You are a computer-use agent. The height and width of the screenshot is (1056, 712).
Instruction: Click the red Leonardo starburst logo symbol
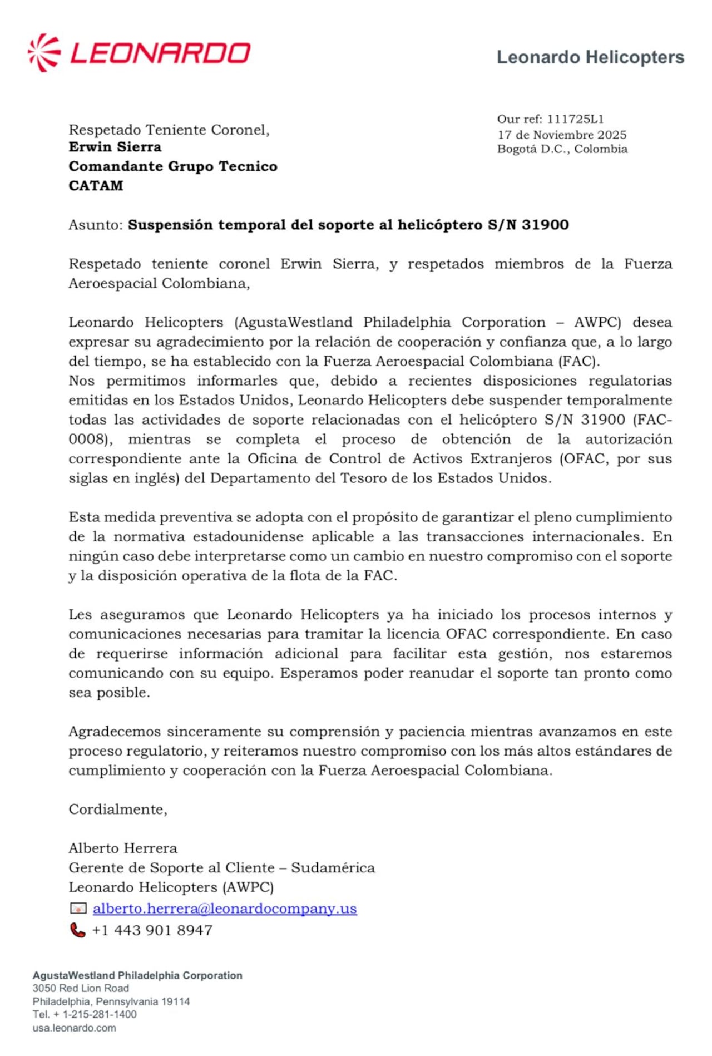[44, 53]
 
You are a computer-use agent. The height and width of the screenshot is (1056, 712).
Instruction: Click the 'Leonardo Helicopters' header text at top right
[590, 57]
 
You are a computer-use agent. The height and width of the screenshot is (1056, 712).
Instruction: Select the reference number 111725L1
[575, 119]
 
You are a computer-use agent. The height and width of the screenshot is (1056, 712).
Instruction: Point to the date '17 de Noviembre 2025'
[562, 135]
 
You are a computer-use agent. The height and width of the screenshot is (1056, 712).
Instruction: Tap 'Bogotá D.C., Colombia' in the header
[562, 149]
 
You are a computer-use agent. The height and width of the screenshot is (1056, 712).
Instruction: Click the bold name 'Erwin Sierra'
[115, 147]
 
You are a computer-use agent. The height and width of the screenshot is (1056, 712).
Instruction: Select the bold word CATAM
[96, 186]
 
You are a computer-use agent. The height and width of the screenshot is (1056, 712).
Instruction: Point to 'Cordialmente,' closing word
[118, 809]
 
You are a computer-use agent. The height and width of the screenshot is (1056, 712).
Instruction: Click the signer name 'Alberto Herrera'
[123, 848]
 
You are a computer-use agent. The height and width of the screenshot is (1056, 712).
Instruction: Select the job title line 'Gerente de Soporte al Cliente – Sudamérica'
[221, 867]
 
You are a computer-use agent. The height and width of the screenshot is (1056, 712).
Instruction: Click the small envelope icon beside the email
[78, 908]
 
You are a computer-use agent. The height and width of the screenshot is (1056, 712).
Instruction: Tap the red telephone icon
[77, 930]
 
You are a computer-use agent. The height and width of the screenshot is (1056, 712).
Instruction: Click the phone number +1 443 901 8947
[152, 930]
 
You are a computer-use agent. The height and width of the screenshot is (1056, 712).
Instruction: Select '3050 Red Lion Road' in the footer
[81, 988]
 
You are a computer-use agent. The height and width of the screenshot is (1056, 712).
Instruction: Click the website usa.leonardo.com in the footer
[74, 1028]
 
